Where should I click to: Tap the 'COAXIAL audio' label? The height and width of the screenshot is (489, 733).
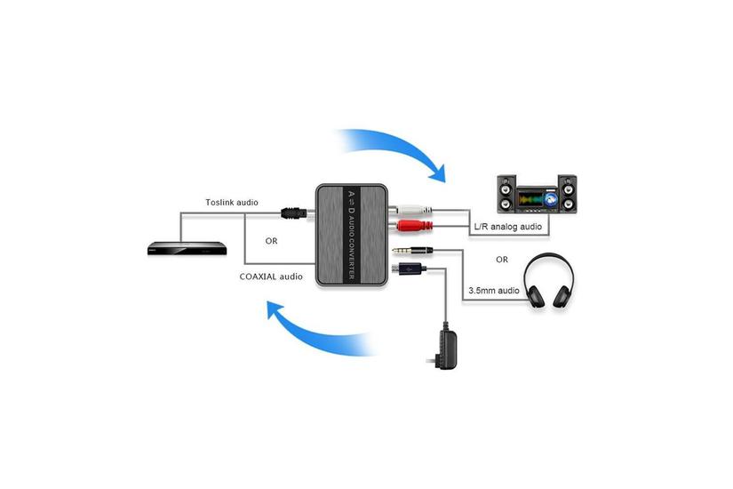point(271,277)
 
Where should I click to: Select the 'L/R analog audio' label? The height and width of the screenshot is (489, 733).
point(507,228)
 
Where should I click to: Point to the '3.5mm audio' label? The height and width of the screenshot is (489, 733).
point(495,290)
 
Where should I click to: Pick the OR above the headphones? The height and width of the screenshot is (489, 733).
point(502,260)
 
